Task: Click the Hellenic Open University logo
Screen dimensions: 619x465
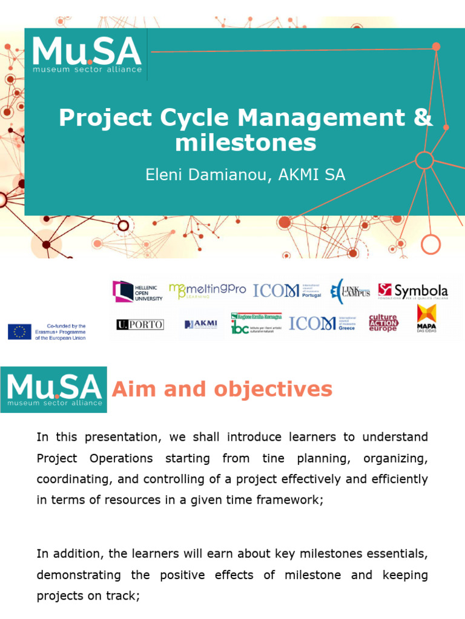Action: tap(137, 291)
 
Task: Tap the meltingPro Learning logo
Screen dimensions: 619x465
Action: tap(207, 290)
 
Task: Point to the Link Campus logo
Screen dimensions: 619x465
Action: tap(351, 291)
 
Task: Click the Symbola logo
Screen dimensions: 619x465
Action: tap(413, 291)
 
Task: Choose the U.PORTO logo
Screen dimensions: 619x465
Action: tap(140, 325)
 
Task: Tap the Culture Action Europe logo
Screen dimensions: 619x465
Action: tap(383, 323)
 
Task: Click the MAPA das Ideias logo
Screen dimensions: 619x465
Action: tap(426, 318)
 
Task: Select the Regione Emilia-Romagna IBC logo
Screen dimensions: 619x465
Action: tap(256, 323)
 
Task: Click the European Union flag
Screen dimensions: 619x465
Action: tap(19, 331)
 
